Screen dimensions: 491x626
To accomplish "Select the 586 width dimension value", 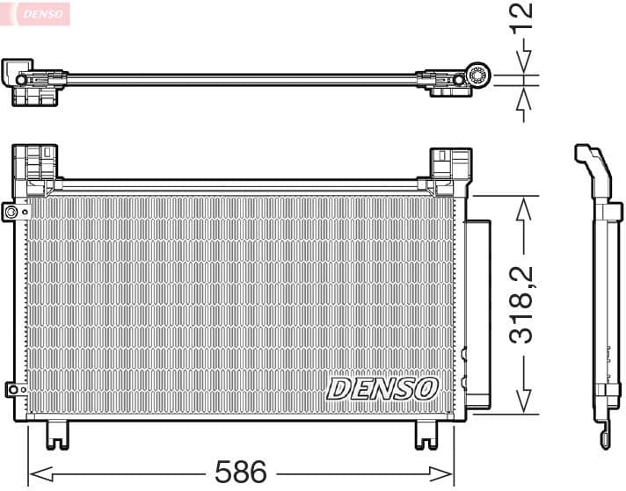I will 240,472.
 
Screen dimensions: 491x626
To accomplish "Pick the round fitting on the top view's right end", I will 479,76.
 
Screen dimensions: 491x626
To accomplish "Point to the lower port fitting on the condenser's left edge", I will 11,388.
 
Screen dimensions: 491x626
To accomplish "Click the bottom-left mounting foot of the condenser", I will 58,433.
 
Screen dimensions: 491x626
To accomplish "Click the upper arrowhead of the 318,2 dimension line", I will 525,207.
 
